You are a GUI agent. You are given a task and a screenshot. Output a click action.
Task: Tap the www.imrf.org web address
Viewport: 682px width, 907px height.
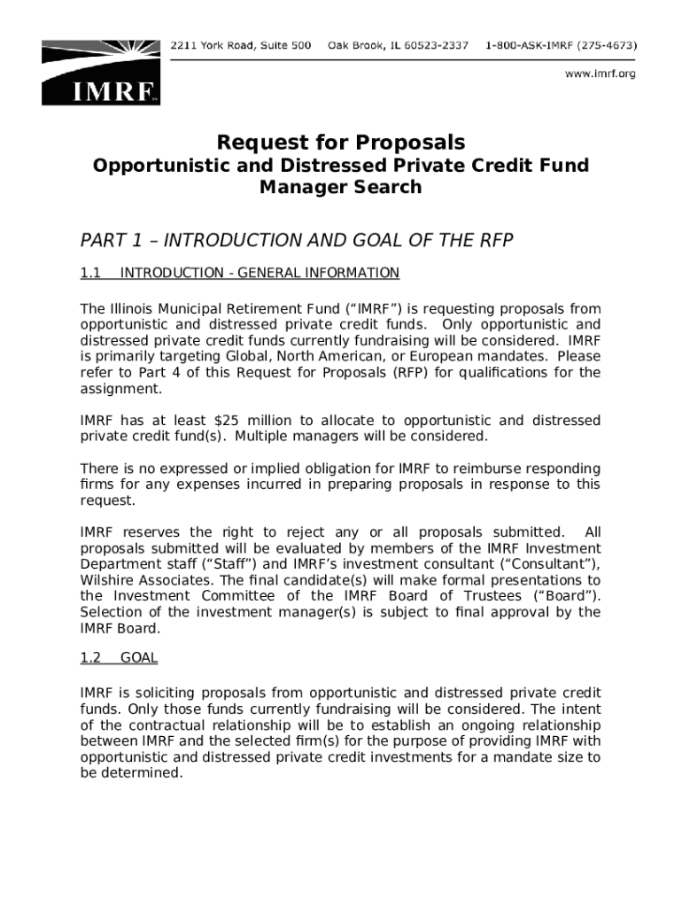pos(601,74)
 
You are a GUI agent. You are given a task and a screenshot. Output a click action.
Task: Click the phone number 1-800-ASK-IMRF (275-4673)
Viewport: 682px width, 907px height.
pos(563,45)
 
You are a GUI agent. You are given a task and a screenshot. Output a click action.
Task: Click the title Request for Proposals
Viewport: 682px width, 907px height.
pos(341,143)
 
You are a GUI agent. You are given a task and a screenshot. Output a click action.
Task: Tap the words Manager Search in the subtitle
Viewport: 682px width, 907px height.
pos(341,187)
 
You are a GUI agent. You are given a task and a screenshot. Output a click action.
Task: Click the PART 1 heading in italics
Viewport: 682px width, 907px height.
pos(297,241)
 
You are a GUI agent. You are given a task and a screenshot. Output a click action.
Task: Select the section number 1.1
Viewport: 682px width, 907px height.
pos(91,273)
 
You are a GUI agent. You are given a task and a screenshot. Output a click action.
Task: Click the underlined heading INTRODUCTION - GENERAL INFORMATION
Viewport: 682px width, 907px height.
pos(260,273)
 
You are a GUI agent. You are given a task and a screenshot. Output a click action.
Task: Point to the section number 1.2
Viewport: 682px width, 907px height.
pos(91,658)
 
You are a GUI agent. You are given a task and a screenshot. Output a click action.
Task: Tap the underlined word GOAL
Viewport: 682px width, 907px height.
pos(139,658)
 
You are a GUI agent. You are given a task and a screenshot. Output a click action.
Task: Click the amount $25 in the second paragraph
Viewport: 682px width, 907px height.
pos(231,421)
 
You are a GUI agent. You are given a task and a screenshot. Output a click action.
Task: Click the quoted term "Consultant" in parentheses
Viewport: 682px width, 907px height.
pos(554,564)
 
